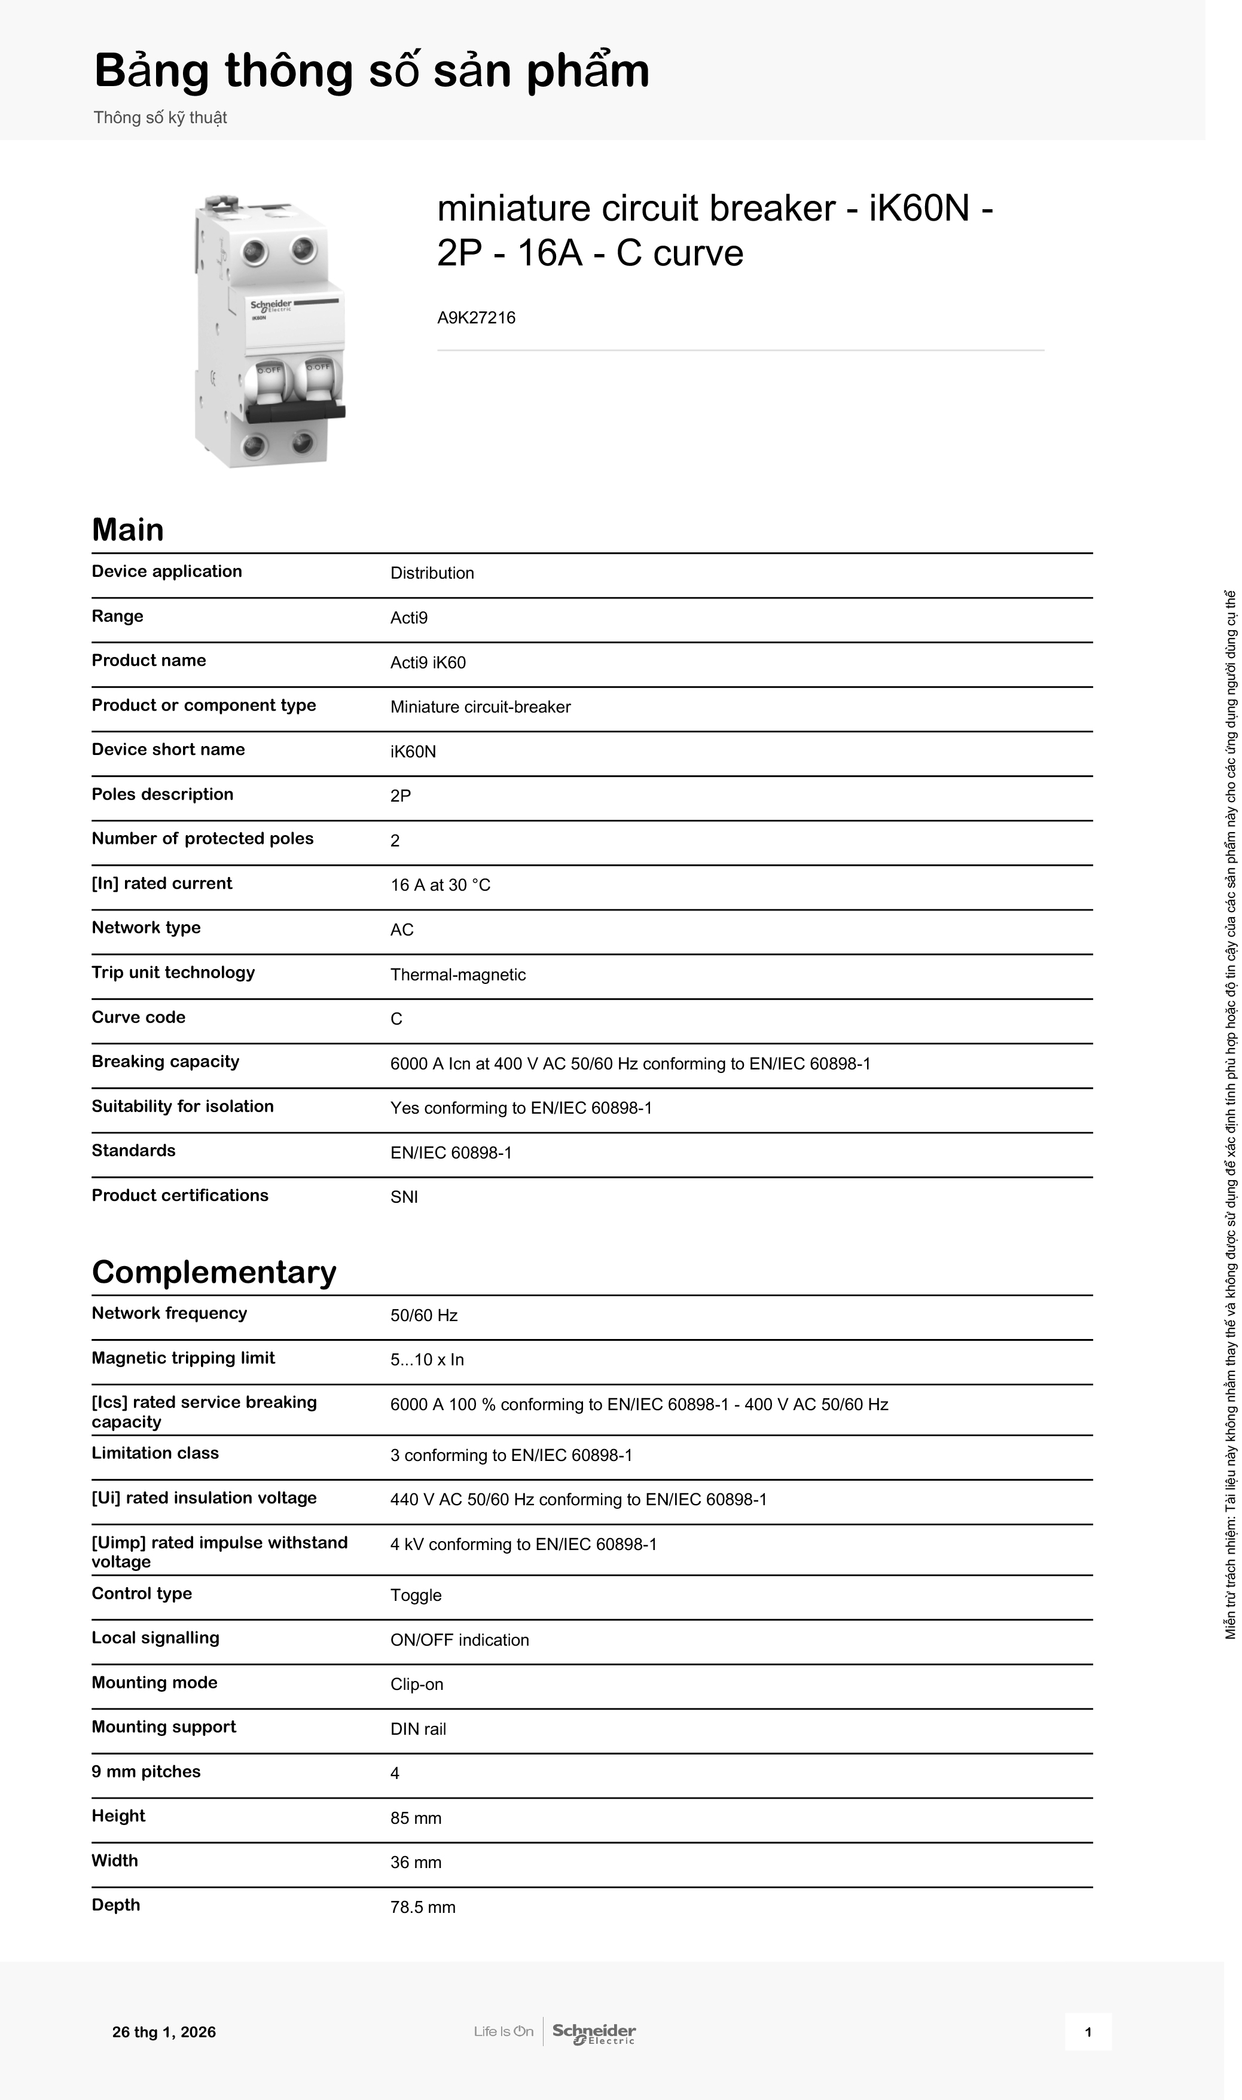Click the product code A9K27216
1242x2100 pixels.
(475, 318)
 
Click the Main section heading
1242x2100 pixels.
(127, 530)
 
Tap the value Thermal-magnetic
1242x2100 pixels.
(458, 975)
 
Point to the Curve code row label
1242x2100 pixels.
(138, 1017)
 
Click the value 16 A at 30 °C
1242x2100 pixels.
(440, 885)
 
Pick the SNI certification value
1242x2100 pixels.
(404, 1197)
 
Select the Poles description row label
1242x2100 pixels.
(163, 794)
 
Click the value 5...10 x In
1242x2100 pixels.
(427, 1359)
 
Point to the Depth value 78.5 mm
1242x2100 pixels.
(423, 1907)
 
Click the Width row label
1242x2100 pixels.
(115, 1861)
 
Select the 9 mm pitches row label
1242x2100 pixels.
(146, 1771)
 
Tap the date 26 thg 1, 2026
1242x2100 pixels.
(164, 2032)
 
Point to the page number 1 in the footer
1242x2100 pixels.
(1087, 2032)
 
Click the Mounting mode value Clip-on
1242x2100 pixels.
(416, 1684)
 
